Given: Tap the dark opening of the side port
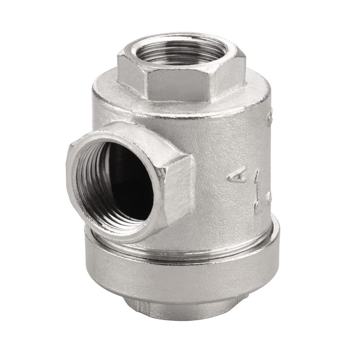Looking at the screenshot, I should pyautogui.click(x=128, y=180).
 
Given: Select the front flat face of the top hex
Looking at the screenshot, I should pyautogui.click(x=180, y=85).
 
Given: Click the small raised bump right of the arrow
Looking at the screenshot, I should pyautogui.click(x=269, y=197).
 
